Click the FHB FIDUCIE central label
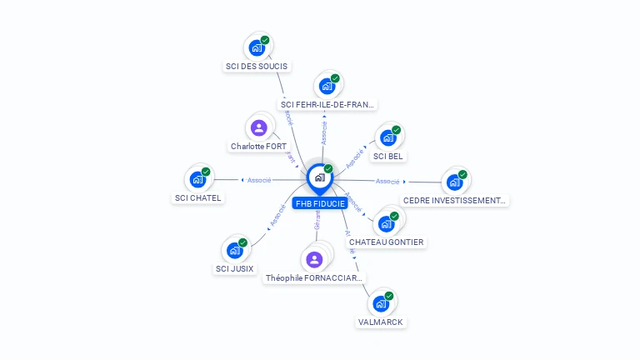click(320, 203)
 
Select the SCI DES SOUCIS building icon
click(257, 48)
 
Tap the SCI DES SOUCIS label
click(257, 66)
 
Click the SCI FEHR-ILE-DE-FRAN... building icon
click(327, 86)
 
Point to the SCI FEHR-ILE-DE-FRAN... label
click(328, 105)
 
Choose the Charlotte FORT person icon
click(258, 127)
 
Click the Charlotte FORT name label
click(258, 147)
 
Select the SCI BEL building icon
click(387, 137)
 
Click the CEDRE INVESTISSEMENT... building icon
click(453, 182)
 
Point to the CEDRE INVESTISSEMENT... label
click(455, 200)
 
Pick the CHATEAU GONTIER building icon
click(386, 223)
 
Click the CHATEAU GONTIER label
click(387, 242)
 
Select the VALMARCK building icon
click(380, 303)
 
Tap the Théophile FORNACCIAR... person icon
click(314, 259)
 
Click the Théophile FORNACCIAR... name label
click(314, 278)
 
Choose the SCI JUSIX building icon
click(234, 250)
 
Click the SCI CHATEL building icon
click(197, 178)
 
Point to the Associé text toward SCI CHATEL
click(259, 180)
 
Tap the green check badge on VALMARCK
click(389, 296)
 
